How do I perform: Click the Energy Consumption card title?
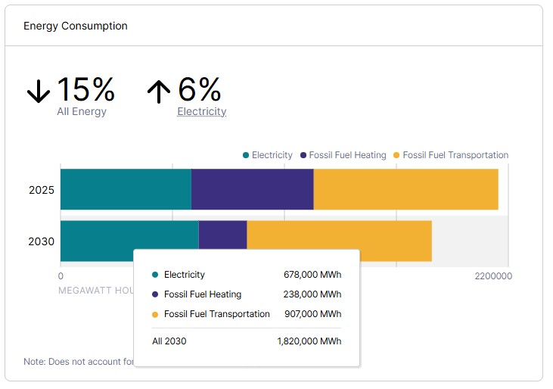tap(76, 26)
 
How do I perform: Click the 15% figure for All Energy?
tap(85, 90)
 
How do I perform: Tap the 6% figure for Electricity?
tap(200, 90)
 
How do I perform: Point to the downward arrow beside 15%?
tap(38, 92)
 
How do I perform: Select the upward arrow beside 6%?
tap(158, 92)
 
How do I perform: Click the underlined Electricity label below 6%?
tap(202, 111)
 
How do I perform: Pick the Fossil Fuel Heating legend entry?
tap(343, 155)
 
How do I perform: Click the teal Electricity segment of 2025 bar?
tap(126, 189)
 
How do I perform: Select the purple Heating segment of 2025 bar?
tap(252, 189)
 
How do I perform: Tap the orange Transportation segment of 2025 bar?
tap(405, 189)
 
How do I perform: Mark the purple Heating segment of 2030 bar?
tap(222, 235)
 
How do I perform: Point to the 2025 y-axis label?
tap(41, 190)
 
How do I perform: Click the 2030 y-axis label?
tap(41, 241)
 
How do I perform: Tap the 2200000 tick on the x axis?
tap(493, 276)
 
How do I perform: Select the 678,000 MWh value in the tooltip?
tap(310, 275)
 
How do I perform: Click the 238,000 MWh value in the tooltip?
tap(310, 294)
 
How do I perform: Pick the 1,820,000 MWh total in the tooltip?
tap(309, 341)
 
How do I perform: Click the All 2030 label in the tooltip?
tap(169, 341)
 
